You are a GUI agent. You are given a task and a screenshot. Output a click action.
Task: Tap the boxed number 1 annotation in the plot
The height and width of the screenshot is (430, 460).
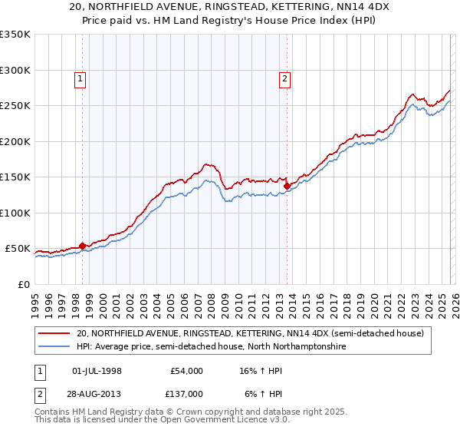pos(80,78)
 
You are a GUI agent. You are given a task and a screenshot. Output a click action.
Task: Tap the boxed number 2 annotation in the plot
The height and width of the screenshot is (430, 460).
pos(284,78)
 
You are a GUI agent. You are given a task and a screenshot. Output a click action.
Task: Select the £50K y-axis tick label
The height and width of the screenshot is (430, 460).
pos(17,249)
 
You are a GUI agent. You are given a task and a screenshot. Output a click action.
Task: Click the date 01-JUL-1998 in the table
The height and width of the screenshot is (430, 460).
pos(97,371)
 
